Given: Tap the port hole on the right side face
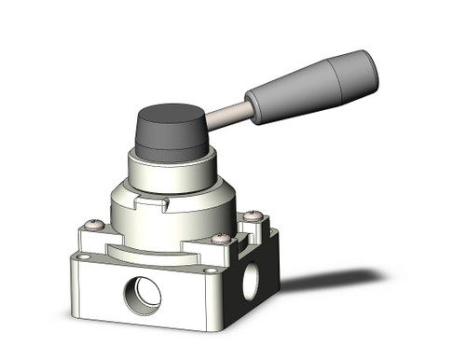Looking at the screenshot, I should pyautogui.click(x=251, y=283).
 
